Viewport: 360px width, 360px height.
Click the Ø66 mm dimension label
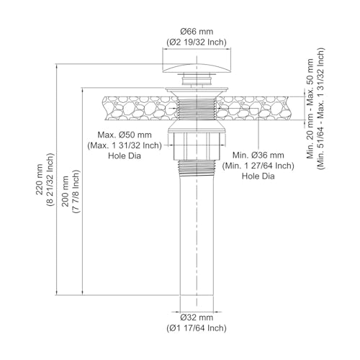197,32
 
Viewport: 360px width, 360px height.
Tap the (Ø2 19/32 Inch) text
197,42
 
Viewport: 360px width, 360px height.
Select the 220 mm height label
39,179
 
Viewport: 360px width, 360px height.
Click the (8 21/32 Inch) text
50,179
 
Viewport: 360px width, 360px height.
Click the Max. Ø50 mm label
125,135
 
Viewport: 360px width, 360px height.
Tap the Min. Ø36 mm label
258,156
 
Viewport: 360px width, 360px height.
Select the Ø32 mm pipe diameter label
197,318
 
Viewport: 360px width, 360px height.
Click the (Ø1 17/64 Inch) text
197,328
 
